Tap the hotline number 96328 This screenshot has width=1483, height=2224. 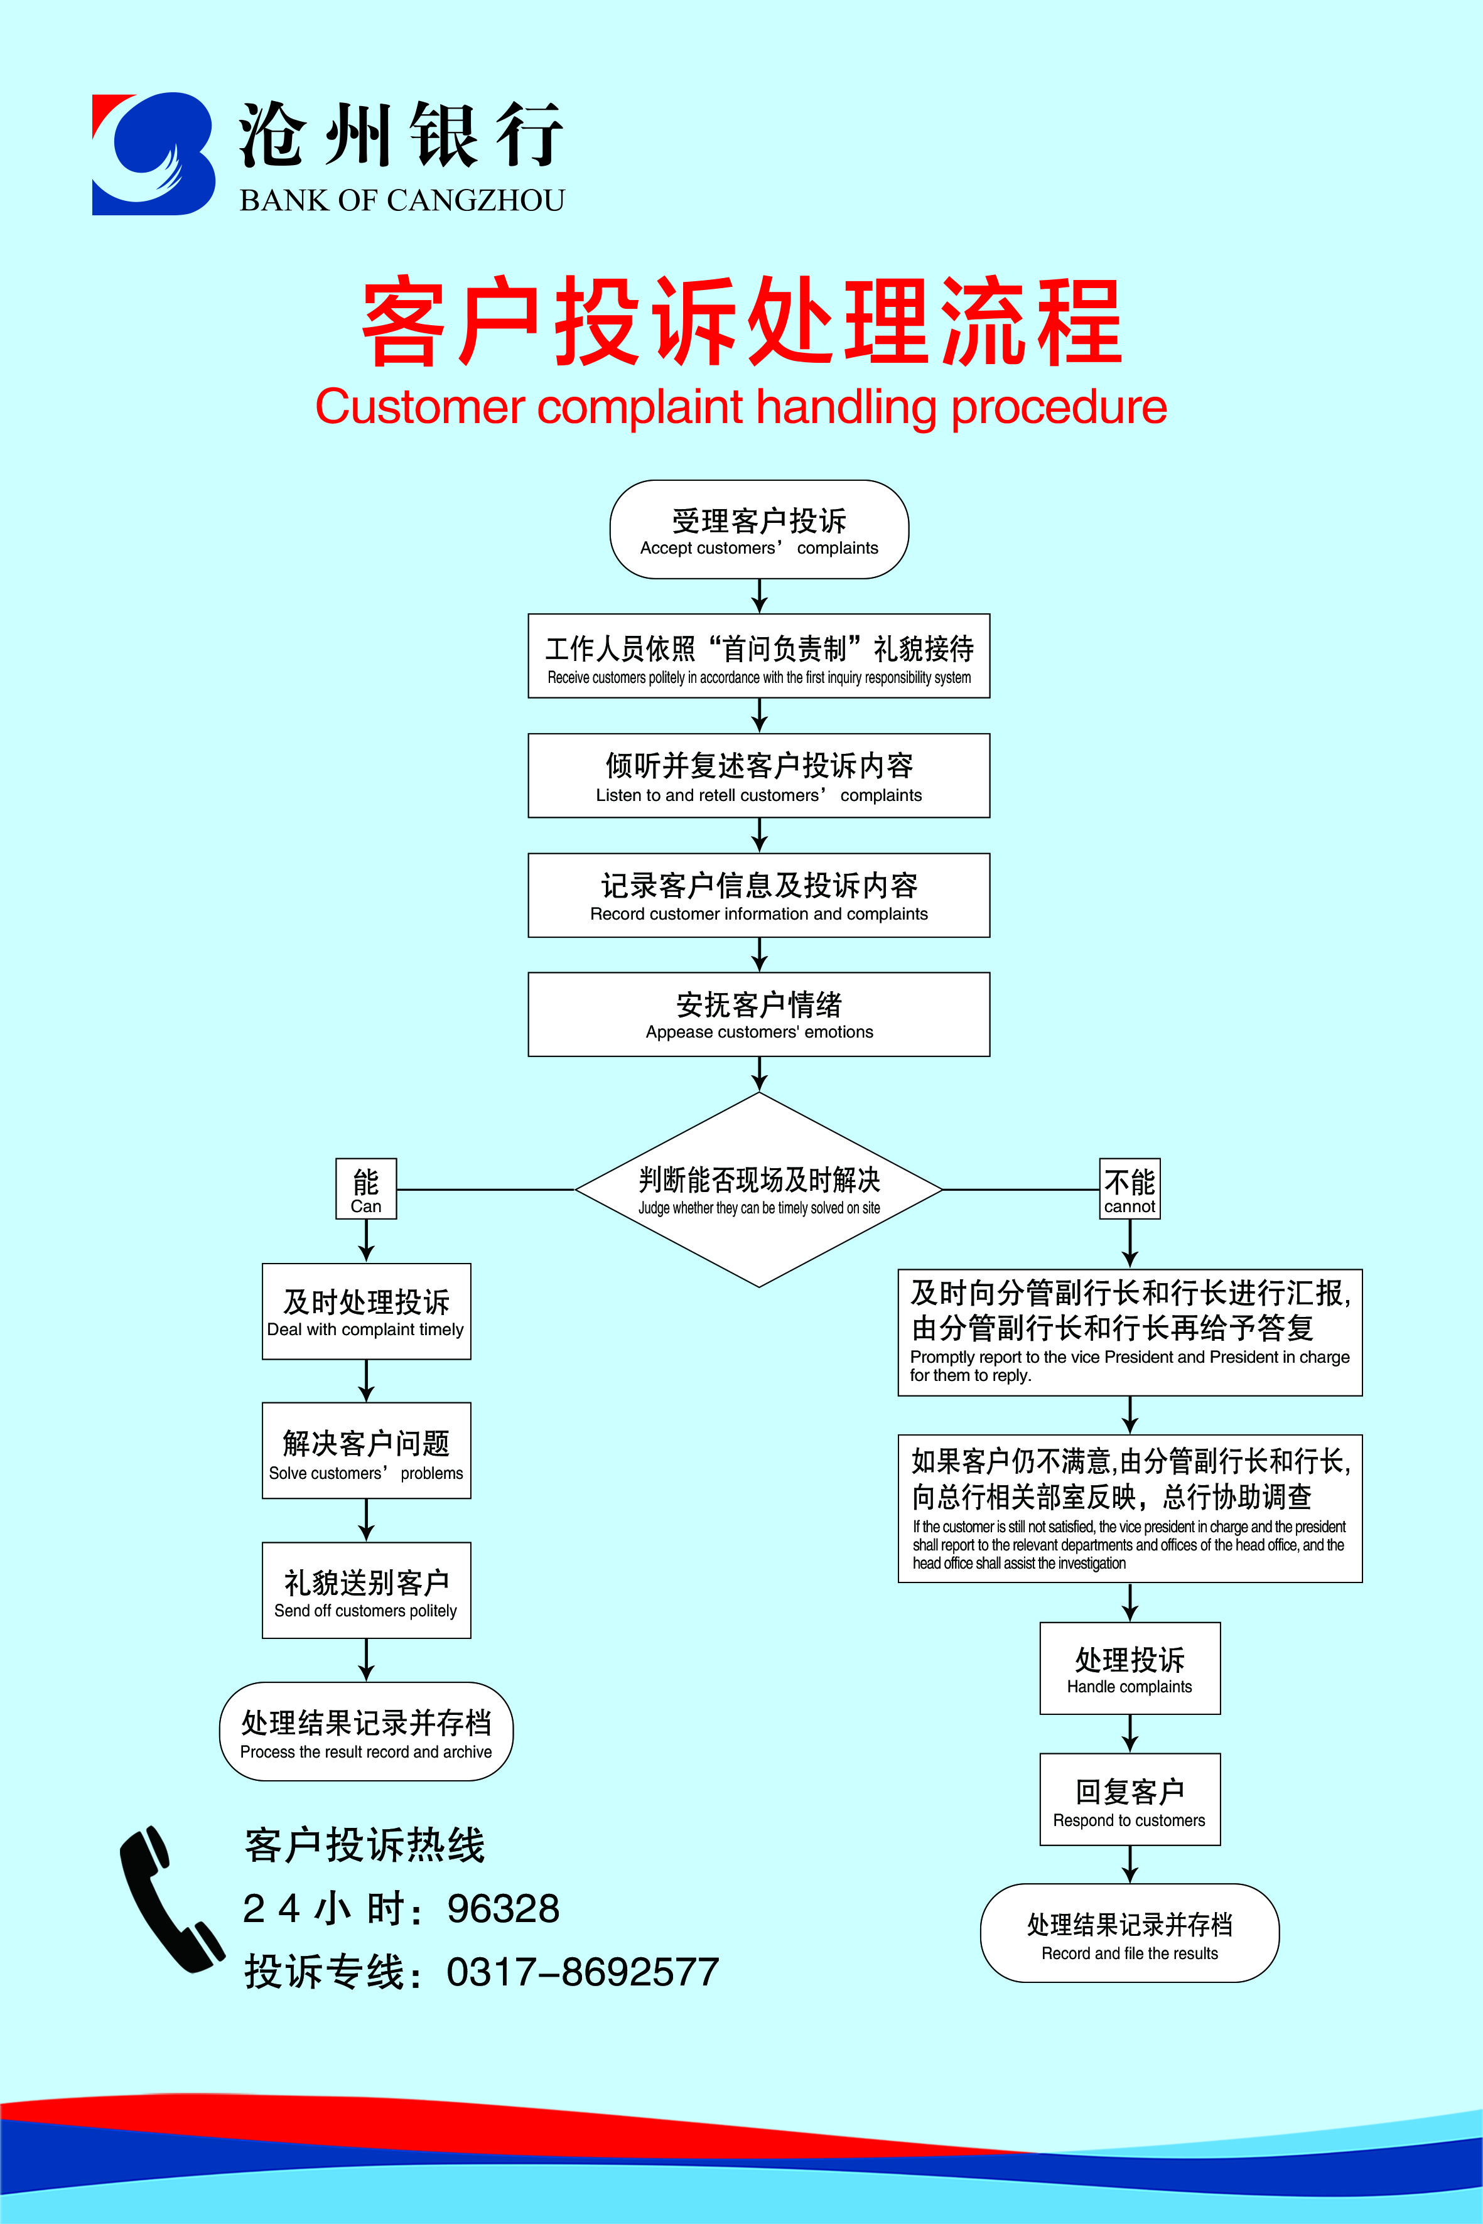pyautogui.click(x=502, y=1909)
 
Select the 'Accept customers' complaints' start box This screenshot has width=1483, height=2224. pyautogui.click(x=758, y=530)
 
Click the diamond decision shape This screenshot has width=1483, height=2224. pyautogui.click(x=758, y=1190)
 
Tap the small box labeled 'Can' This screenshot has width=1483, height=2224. pyautogui.click(x=366, y=1189)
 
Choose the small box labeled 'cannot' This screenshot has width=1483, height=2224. pyautogui.click(x=1130, y=1189)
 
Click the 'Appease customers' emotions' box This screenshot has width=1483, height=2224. pyautogui.click(x=758, y=1014)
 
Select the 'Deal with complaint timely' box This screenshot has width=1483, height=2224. pyautogui.click(x=366, y=1311)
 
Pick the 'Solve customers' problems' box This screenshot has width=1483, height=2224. pyautogui.click(x=366, y=1451)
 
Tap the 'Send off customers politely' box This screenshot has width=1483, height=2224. pyautogui.click(x=366, y=1591)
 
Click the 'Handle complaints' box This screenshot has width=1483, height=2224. pyautogui.click(x=1130, y=1669)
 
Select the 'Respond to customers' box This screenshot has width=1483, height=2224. pyautogui.click(x=1130, y=1800)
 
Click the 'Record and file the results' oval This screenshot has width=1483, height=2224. pyautogui.click(x=1130, y=1934)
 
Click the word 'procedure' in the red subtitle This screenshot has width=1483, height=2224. pyautogui.click(x=1059, y=407)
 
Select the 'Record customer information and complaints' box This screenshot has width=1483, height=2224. pyautogui.click(x=758, y=896)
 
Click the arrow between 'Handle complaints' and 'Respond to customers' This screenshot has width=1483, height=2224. pyautogui.click(x=1130, y=1733)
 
